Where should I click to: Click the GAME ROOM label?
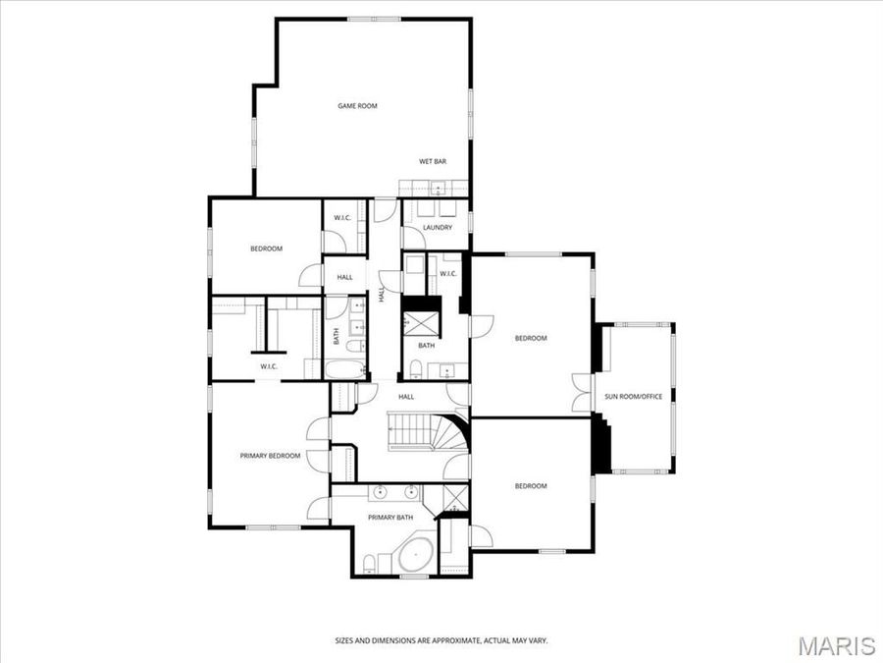coord(357,106)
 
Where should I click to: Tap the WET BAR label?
coord(433,161)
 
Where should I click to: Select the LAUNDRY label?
coord(438,228)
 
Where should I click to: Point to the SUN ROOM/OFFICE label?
coord(634,396)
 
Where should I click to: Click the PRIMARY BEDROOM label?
coord(270,456)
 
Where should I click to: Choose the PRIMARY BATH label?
coord(390,518)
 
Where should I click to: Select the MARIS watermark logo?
coord(836,645)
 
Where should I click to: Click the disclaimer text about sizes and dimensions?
coord(441,640)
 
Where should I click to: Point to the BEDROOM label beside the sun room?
coord(531,338)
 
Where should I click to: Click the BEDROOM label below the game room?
coord(266,249)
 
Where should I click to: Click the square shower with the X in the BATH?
coord(425,324)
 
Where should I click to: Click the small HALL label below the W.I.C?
coord(344,277)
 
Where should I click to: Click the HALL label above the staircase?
coord(406,397)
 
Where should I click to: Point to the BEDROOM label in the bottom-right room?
coord(531,486)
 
